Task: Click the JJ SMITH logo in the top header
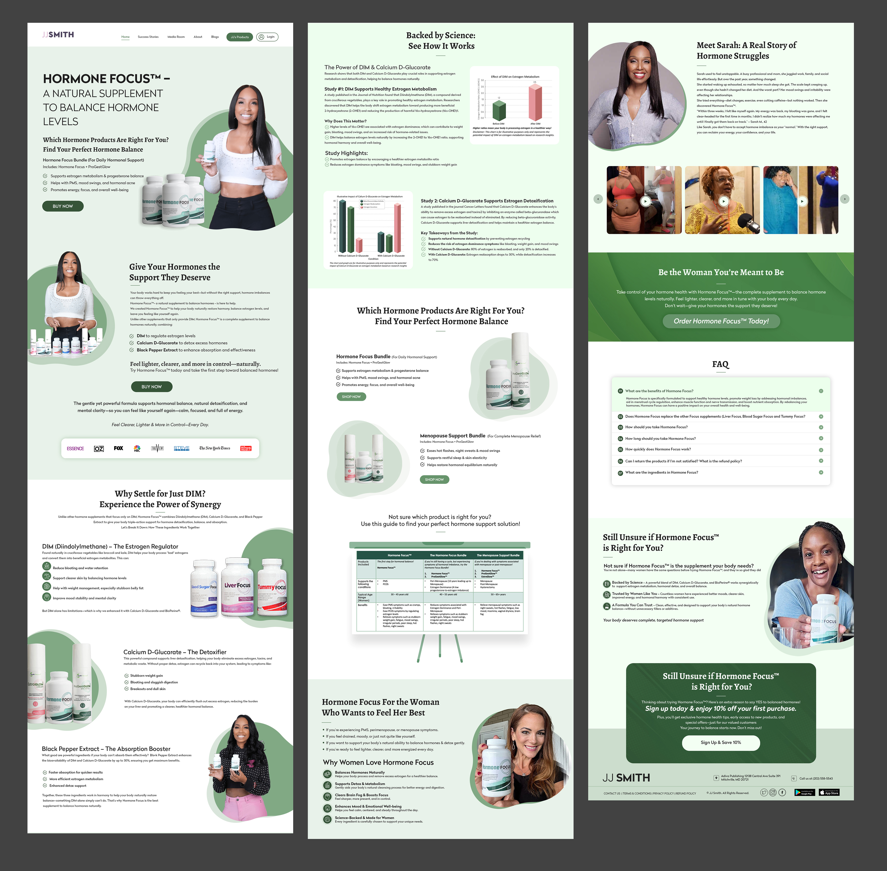pos(58,35)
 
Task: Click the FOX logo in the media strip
pos(119,448)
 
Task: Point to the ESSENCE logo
pos(75,448)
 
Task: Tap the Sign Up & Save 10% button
pos(721,742)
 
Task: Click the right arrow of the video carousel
pos(844,199)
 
